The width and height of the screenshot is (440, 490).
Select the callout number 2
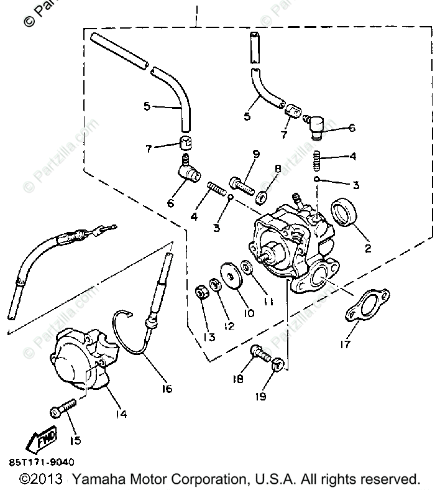[367, 249]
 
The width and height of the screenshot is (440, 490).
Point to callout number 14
[121, 414]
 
